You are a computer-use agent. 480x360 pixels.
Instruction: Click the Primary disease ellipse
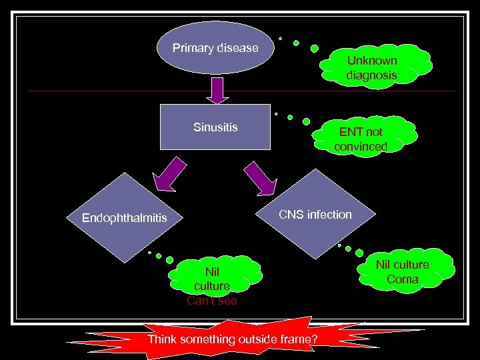pos(216,49)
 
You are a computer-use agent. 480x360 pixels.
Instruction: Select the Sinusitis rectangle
pos(216,127)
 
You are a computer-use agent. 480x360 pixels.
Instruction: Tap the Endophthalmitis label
pos(124,218)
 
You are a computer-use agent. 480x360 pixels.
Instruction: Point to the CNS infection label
pos(315,214)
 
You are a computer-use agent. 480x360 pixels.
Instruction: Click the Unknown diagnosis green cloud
pos(371,67)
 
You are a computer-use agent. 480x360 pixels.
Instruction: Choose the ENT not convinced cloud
pos(361,139)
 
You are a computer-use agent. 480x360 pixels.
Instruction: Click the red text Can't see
pos(211,301)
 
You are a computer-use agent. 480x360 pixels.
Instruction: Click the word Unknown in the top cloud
pos(371,61)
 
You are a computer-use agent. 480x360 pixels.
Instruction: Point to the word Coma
pos(403,279)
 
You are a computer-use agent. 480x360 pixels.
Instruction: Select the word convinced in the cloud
pos(361,146)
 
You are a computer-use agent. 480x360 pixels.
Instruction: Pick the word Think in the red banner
pos(162,339)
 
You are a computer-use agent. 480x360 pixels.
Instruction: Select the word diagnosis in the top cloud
pos(371,75)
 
